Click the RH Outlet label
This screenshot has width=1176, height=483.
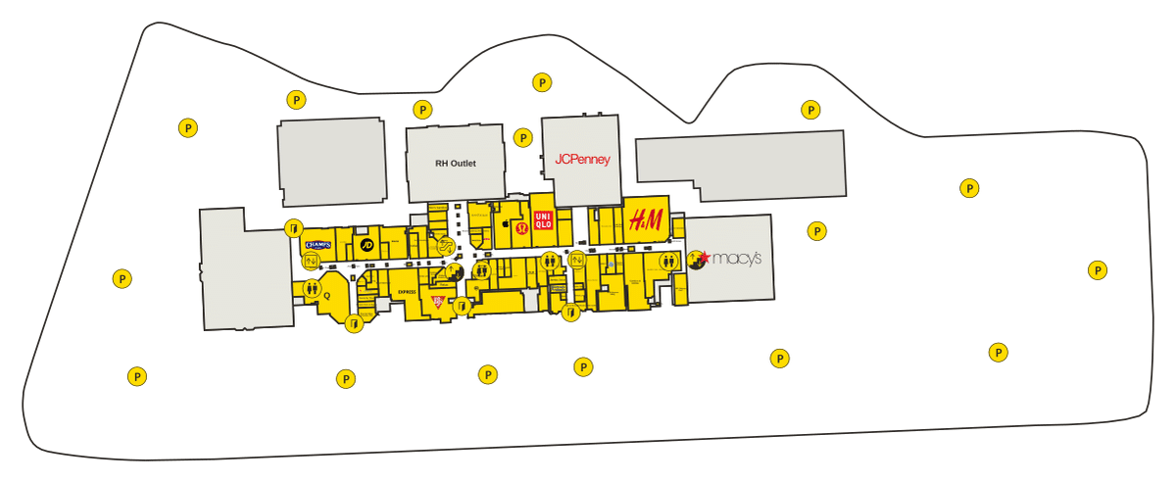point(455,164)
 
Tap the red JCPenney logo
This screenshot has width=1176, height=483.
point(582,159)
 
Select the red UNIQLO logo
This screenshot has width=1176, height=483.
point(543,220)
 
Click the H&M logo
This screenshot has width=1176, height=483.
point(646,220)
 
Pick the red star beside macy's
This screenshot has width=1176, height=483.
point(703,258)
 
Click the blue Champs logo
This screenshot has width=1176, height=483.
point(318,244)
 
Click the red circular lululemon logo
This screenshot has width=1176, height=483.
point(522,229)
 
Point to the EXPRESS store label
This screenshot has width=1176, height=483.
point(407,292)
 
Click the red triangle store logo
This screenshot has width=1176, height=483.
point(439,300)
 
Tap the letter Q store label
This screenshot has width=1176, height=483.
point(326,294)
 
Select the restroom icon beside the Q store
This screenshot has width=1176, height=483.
point(312,288)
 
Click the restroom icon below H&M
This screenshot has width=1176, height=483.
point(669,262)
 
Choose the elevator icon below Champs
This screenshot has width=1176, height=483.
point(311,261)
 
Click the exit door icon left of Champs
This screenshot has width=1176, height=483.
point(292,228)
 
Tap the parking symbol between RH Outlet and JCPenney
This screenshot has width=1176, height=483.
point(523,138)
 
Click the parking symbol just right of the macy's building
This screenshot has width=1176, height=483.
point(816,231)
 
